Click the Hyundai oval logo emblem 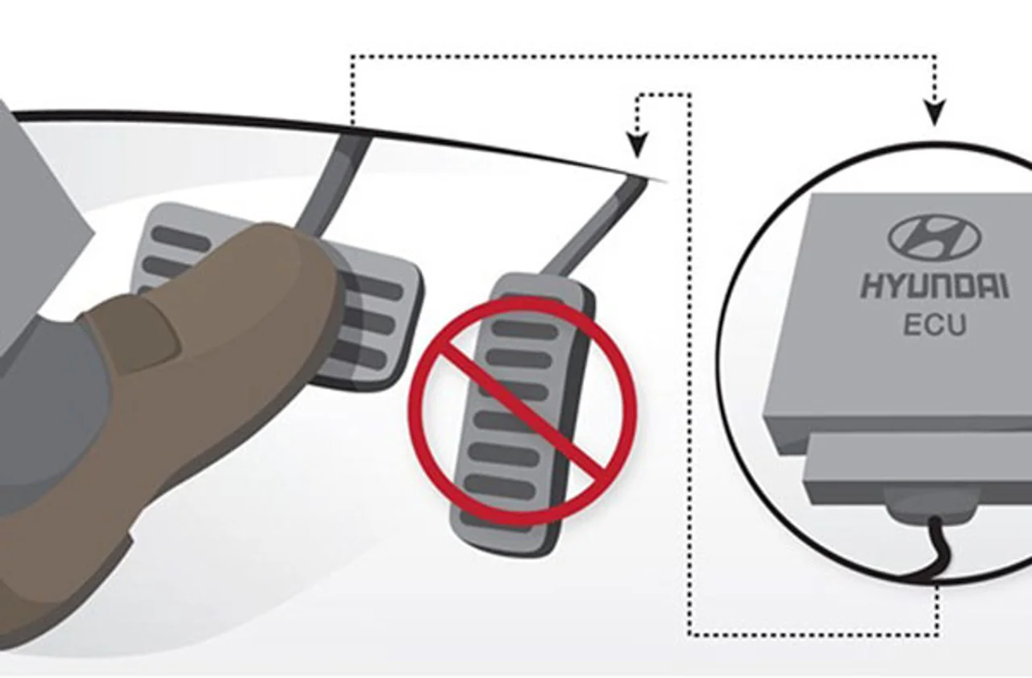[935, 238]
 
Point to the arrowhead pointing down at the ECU [934, 112]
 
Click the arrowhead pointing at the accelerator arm [638, 146]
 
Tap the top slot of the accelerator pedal [525, 331]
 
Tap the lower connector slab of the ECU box [917, 465]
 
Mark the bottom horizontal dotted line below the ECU [814, 635]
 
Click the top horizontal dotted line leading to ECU [644, 57]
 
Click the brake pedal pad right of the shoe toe [373, 318]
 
